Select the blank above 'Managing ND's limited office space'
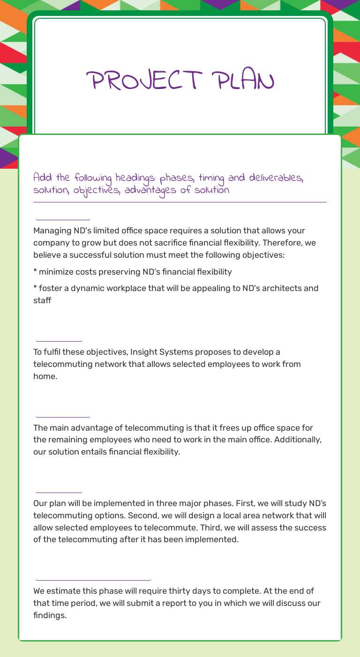coord(63,216)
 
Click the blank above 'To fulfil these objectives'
coord(59,338)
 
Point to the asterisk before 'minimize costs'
coord(35,272)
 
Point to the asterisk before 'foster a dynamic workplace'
coord(35,288)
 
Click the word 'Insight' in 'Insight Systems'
coord(144,352)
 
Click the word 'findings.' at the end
coord(50,615)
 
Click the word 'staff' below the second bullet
coord(42,300)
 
